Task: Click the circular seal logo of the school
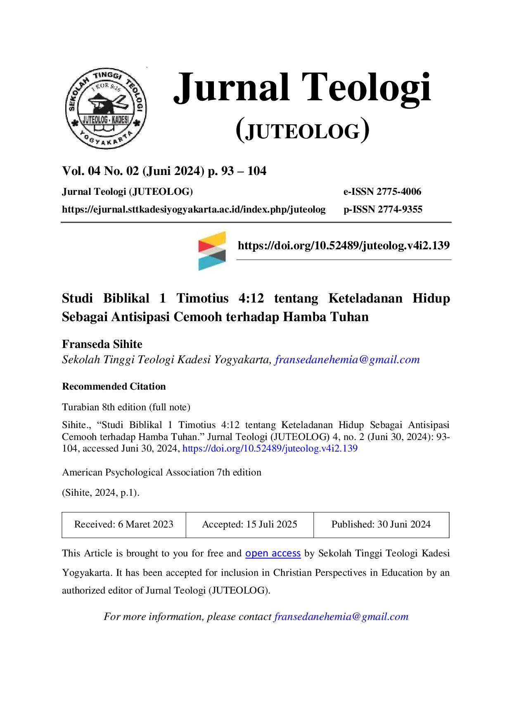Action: (106, 109)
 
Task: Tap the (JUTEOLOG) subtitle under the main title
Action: (303, 131)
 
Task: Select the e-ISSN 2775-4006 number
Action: (382, 192)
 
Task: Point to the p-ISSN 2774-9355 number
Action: (383, 209)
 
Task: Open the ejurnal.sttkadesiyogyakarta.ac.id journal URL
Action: (194, 210)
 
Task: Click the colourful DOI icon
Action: (212, 251)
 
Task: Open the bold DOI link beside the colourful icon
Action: (344, 246)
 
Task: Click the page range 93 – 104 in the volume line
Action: (244, 171)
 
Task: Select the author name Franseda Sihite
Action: (102, 344)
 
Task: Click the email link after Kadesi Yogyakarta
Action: (347, 360)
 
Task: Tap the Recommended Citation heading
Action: (114, 386)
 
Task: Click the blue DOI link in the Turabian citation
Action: (270, 449)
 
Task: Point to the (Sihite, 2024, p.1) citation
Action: (101, 492)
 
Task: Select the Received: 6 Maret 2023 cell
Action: (124, 525)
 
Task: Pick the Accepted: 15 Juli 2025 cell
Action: (250, 525)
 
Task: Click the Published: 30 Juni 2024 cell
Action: (381, 525)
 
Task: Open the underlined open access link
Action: (273, 554)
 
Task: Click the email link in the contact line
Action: (341, 617)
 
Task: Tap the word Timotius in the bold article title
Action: (202, 298)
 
